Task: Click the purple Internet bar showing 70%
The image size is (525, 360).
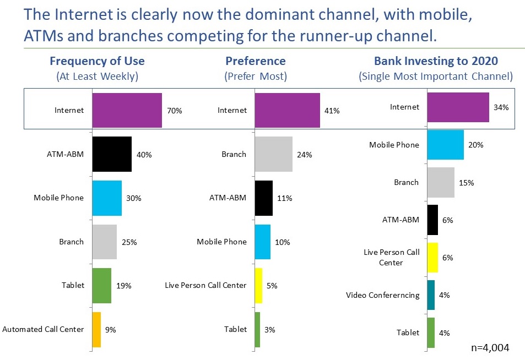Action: coord(127,110)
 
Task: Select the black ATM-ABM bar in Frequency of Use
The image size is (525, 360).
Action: coord(112,154)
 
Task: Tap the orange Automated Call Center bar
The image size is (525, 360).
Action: coord(96,329)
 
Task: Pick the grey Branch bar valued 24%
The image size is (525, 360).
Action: coord(273,154)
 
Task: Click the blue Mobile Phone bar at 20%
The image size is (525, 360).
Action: coord(445,145)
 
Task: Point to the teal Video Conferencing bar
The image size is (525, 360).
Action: coord(431,295)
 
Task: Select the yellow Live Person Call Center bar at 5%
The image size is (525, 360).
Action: coord(258,285)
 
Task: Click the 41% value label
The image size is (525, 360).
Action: coord(332,111)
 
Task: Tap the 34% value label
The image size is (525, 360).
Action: coord(501,107)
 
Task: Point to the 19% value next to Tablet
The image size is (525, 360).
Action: coord(123,285)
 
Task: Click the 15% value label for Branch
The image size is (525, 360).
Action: coord(466,182)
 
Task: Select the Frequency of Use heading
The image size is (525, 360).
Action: coord(98,61)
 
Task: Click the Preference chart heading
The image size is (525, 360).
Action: coord(256,61)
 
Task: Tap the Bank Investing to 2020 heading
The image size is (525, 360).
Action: coord(436,61)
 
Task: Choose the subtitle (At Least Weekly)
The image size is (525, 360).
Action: coord(98,76)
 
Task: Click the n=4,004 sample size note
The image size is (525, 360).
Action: coord(490,347)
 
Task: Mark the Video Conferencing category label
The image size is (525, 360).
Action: coord(382,295)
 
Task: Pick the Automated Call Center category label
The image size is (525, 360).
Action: coord(43,329)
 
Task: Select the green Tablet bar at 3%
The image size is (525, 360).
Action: coord(257,329)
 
